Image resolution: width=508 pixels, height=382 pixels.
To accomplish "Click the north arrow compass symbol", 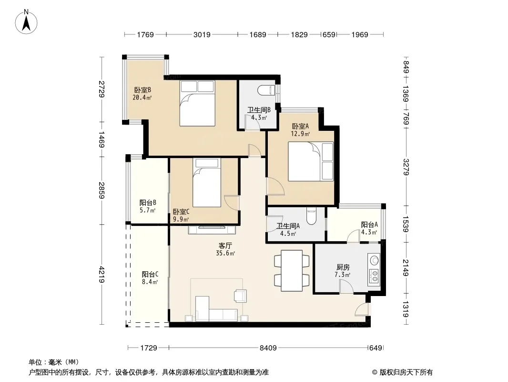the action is [26, 22].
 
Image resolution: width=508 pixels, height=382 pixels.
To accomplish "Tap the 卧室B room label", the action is [142, 90].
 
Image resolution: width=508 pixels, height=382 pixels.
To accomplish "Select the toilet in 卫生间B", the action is [266, 90].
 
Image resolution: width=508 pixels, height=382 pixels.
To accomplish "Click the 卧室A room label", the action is [300, 126].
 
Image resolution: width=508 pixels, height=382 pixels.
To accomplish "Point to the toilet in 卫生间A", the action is [311, 215].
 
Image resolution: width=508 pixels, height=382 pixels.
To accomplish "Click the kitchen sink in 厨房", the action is [375, 260].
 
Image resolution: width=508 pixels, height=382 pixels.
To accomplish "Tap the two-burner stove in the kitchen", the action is [374, 276].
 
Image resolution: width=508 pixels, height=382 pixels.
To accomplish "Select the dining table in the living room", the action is [292, 271].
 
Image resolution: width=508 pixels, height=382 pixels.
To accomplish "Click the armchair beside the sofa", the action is [240, 296].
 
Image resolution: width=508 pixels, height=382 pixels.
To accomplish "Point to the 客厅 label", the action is [224, 246].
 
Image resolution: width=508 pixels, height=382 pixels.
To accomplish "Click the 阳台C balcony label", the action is [150, 274].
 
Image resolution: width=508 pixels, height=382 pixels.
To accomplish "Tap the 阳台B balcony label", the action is [148, 202].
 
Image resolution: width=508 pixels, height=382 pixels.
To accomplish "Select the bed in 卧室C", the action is [206, 182].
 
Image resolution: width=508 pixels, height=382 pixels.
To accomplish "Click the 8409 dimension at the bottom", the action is [268, 348].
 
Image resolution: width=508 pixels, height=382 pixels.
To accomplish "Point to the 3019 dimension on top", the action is [202, 34].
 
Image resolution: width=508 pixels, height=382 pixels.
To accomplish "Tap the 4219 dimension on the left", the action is [102, 274].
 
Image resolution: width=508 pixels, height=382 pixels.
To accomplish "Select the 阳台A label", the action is [369, 224].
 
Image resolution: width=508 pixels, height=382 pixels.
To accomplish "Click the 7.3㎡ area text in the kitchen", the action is [343, 275].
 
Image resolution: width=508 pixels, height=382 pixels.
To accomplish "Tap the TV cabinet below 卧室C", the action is [212, 230].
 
